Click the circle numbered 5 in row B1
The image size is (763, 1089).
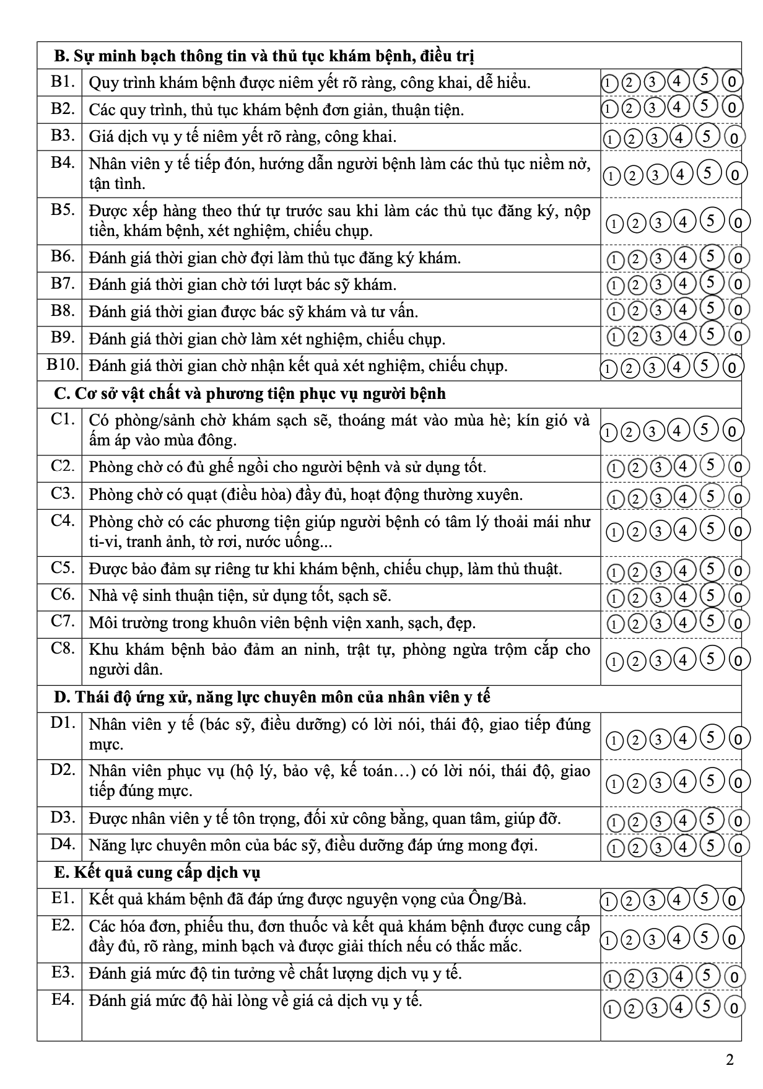(x=705, y=80)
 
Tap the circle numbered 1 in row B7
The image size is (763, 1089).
(x=614, y=286)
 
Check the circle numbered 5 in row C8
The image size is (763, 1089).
(x=710, y=658)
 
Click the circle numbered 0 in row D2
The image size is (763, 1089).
(x=738, y=784)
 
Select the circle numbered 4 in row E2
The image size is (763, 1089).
(x=677, y=939)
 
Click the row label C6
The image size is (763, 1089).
(x=63, y=594)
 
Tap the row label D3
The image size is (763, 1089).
(x=63, y=817)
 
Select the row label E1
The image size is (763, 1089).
(x=63, y=898)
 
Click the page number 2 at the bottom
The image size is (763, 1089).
(x=730, y=1061)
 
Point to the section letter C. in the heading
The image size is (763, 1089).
(x=61, y=394)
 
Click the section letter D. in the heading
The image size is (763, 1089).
(x=61, y=697)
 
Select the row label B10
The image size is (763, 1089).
(x=63, y=364)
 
